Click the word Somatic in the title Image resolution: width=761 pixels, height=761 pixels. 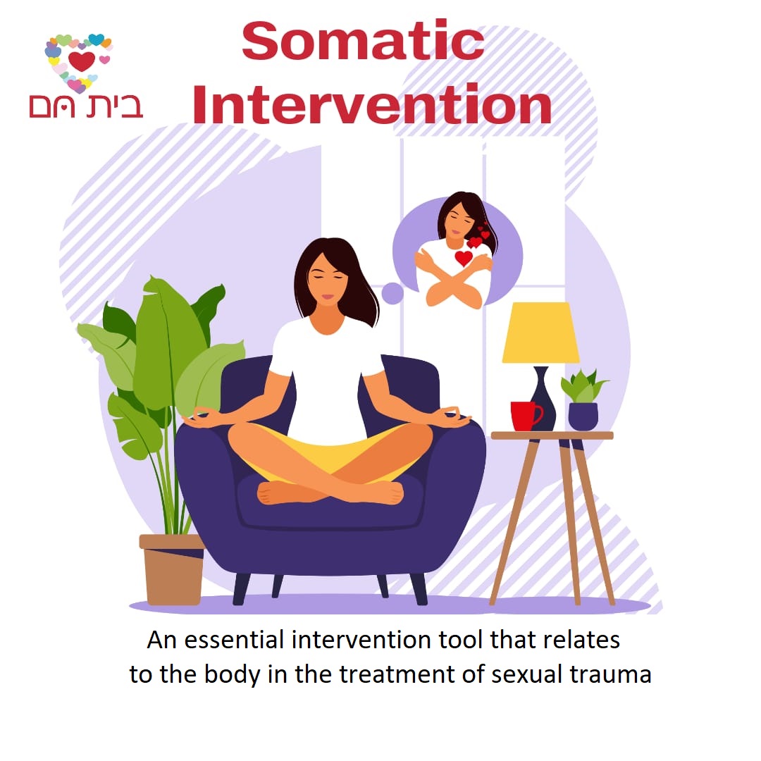(x=362, y=41)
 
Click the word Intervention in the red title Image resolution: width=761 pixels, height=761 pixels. (x=371, y=104)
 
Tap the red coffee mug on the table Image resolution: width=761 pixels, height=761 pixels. (x=524, y=416)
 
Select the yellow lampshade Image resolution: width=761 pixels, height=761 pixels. (x=540, y=333)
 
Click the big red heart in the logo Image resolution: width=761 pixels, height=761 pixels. (x=82, y=61)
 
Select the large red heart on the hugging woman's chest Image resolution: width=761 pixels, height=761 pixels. (x=463, y=258)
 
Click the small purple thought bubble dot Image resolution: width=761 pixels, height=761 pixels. (x=392, y=292)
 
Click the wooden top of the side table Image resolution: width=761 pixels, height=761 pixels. (x=552, y=435)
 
